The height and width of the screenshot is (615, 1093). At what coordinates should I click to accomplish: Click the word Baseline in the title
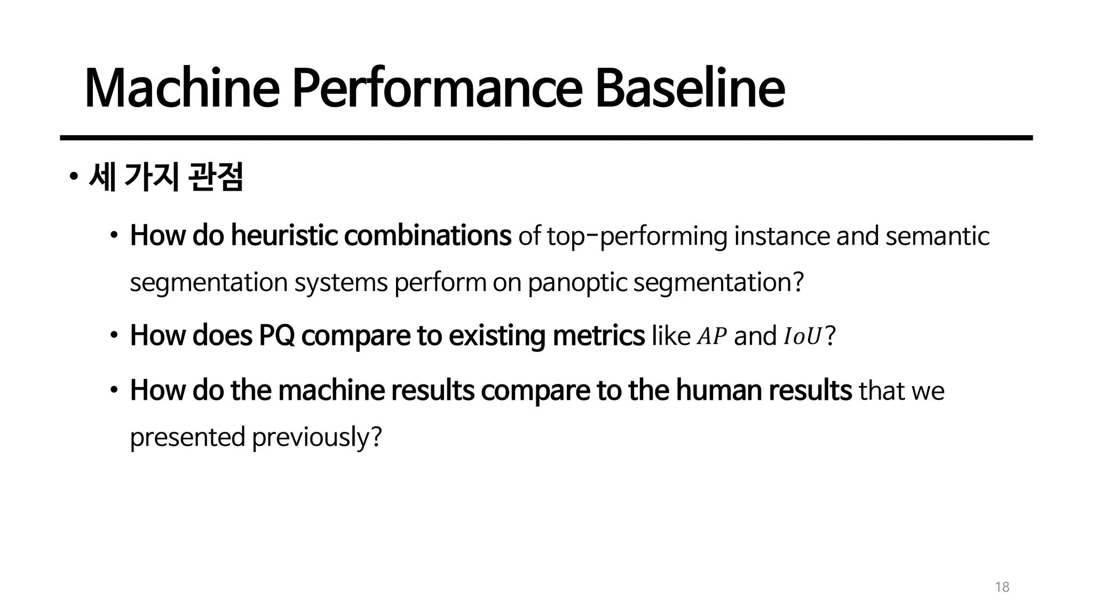[x=690, y=89]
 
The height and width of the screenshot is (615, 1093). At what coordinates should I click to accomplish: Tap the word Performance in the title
[x=436, y=89]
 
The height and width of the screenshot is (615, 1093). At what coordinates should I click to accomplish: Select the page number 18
[x=1002, y=587]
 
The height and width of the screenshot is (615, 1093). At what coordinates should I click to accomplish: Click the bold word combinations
[x=427, y=235]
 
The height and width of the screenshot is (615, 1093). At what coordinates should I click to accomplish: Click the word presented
[x=187, y=437]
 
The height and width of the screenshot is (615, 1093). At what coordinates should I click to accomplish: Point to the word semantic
[x=937, y=236]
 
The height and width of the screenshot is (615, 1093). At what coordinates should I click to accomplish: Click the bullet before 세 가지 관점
[x=74, y=177]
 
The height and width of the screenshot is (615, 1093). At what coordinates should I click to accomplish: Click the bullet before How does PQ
[x=114, y=336]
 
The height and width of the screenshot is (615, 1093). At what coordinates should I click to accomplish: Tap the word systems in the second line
[x=341, y=283]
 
